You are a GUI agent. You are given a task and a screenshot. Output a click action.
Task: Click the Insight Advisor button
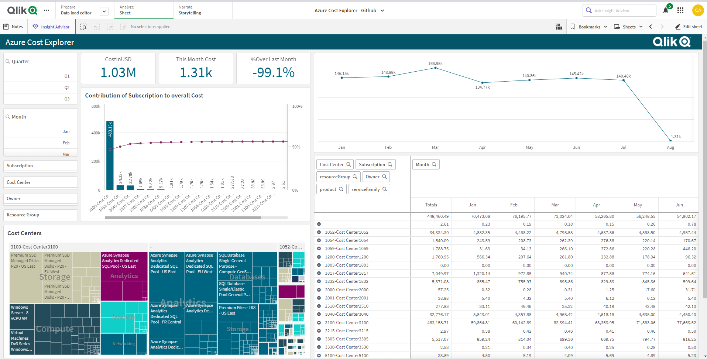click(x=51, y=27)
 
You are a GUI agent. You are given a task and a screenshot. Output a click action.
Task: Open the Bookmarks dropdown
click(x=589, y=27)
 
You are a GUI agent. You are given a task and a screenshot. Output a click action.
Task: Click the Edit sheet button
click(x=689, y=27)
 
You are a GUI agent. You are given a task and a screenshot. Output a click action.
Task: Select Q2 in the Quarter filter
click(x=41, y=88)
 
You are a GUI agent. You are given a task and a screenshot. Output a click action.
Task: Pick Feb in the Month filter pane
click(x=41, y=143)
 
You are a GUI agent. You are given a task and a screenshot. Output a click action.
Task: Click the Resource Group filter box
click(x=41, y=215)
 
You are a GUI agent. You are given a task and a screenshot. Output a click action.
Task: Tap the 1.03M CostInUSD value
click(x=118, y=72)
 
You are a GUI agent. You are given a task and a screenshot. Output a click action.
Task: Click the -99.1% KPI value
click(x=273, y=72)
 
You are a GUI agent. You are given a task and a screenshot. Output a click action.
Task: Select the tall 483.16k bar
click(x=110, y=155)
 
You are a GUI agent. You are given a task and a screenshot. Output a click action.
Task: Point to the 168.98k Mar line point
click(x=436, y=68)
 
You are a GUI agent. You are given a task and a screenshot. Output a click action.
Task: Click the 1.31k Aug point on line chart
click(x=670, y=140)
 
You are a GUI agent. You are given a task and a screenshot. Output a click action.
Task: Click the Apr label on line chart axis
click(x=482, y=147)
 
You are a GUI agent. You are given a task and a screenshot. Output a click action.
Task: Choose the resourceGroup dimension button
click(x=338, y=177)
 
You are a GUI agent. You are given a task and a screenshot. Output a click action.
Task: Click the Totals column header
click(x=431, y=205)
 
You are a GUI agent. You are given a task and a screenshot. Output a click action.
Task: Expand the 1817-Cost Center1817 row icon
click(x=319, y=273)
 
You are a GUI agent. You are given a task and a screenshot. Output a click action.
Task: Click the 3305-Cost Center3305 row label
click(x=346, y=339)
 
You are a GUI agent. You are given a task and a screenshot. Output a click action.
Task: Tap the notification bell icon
click(x=665, y=11)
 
